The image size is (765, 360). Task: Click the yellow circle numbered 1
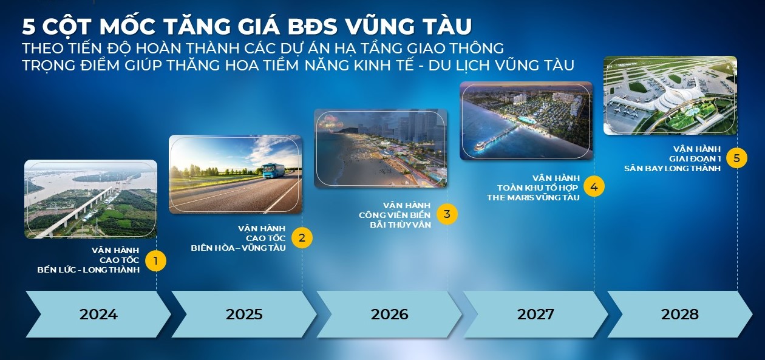155,261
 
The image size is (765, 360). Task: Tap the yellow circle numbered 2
302,238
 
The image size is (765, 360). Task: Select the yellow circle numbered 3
447,214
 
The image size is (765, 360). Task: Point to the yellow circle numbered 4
594,187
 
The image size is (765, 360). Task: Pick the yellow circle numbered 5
736,158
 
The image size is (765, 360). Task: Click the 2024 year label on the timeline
99,314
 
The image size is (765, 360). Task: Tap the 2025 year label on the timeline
244,314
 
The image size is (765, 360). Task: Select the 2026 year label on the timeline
390,314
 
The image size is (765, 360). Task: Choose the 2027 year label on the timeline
535,314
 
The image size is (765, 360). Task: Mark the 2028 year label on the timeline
680,314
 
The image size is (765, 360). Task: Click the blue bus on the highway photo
273,171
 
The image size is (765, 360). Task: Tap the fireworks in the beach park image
330,123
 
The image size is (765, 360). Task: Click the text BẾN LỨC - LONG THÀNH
89,270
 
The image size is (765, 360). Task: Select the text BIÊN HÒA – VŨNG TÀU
238,248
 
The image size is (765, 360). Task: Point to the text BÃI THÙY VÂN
400,225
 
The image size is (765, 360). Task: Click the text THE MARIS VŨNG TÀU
533,197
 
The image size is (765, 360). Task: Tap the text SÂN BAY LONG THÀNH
673,168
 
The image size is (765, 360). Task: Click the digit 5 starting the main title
29,27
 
